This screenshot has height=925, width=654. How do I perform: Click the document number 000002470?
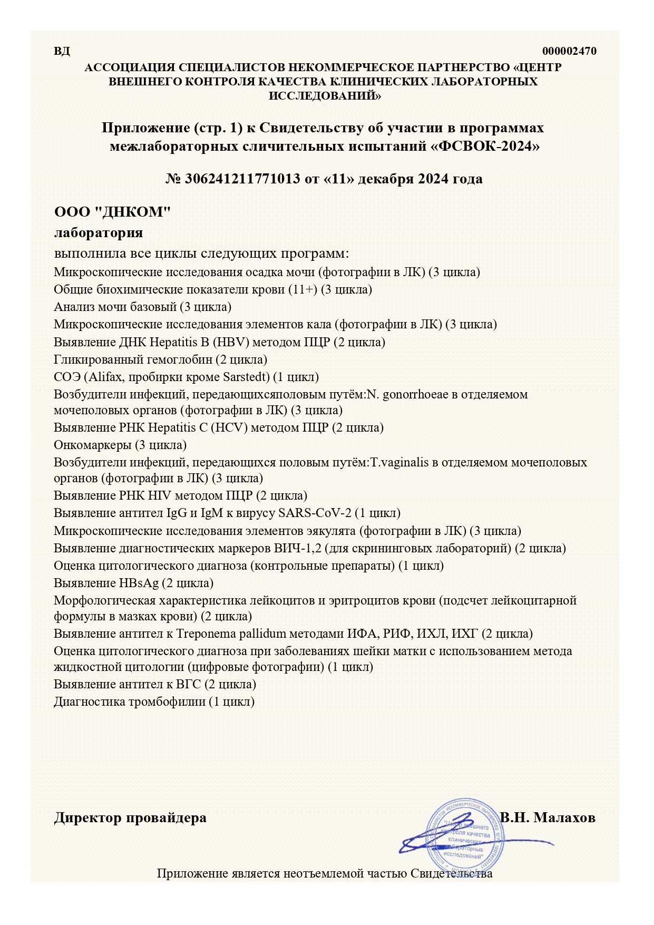[x=569, y=51]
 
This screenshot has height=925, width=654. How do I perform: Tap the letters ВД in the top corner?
[x=62, y=51]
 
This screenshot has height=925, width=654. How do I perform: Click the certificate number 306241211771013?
[x=242, y=179]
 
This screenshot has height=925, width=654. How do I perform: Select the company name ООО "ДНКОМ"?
[x=113, y=212]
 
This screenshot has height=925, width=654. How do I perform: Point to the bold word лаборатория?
[x=99, y=232]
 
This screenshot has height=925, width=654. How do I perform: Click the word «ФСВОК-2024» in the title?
[x=485, y=146]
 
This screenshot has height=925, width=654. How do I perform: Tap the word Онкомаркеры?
[x=92, y=445]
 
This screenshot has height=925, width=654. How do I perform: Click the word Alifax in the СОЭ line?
[x=106, y=377]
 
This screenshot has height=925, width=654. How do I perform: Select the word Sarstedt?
[x=246, y=377]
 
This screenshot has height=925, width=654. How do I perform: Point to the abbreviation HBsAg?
[x=136, y=583]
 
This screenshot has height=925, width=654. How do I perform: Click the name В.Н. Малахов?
[x=548, y=817]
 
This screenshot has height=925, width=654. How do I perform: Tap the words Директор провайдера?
[x=130, y=817]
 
